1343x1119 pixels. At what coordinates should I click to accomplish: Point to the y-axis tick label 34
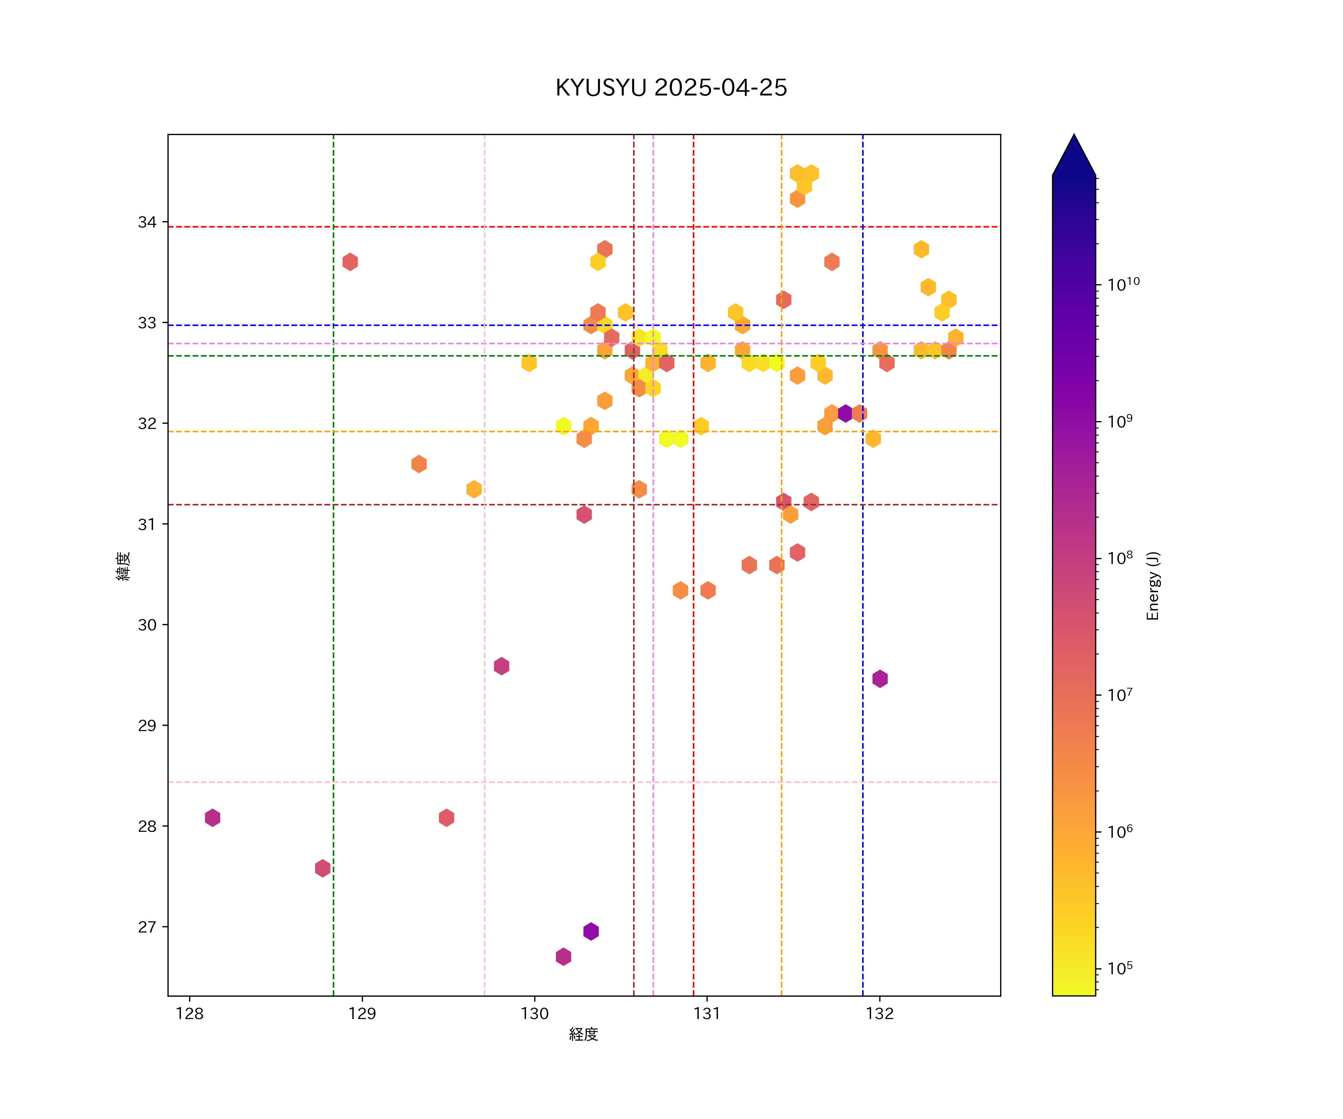coord(147,223)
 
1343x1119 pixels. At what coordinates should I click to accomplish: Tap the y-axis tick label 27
coord(147,927)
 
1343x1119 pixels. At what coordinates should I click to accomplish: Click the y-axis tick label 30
coord(147,625)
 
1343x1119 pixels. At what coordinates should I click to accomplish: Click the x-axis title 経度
coord(583,1035)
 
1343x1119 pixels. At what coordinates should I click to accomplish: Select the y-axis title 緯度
coord(123,566)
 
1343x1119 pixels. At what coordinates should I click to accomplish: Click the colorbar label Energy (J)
coord(1153,586)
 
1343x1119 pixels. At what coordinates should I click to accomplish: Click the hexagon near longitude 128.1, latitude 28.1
coord(212,818)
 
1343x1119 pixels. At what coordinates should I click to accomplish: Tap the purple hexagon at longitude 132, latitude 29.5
coord(880,679)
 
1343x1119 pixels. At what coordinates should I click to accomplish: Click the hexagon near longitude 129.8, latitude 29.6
coord(501,666)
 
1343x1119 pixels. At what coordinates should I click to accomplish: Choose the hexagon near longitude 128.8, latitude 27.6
coord(322,868)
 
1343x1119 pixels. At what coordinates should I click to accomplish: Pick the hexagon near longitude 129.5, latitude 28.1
coord(447,818)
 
